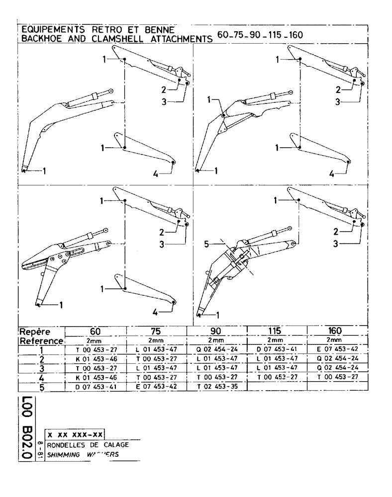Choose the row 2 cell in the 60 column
(96, 359)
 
